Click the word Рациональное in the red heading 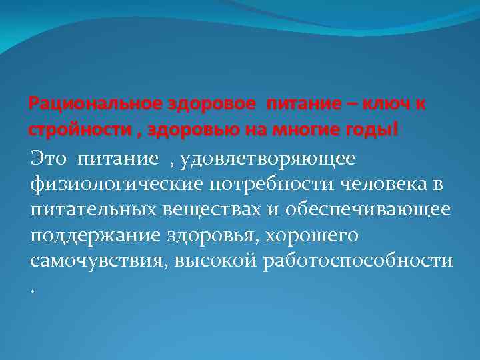[87, 105]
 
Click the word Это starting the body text [50, 158]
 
